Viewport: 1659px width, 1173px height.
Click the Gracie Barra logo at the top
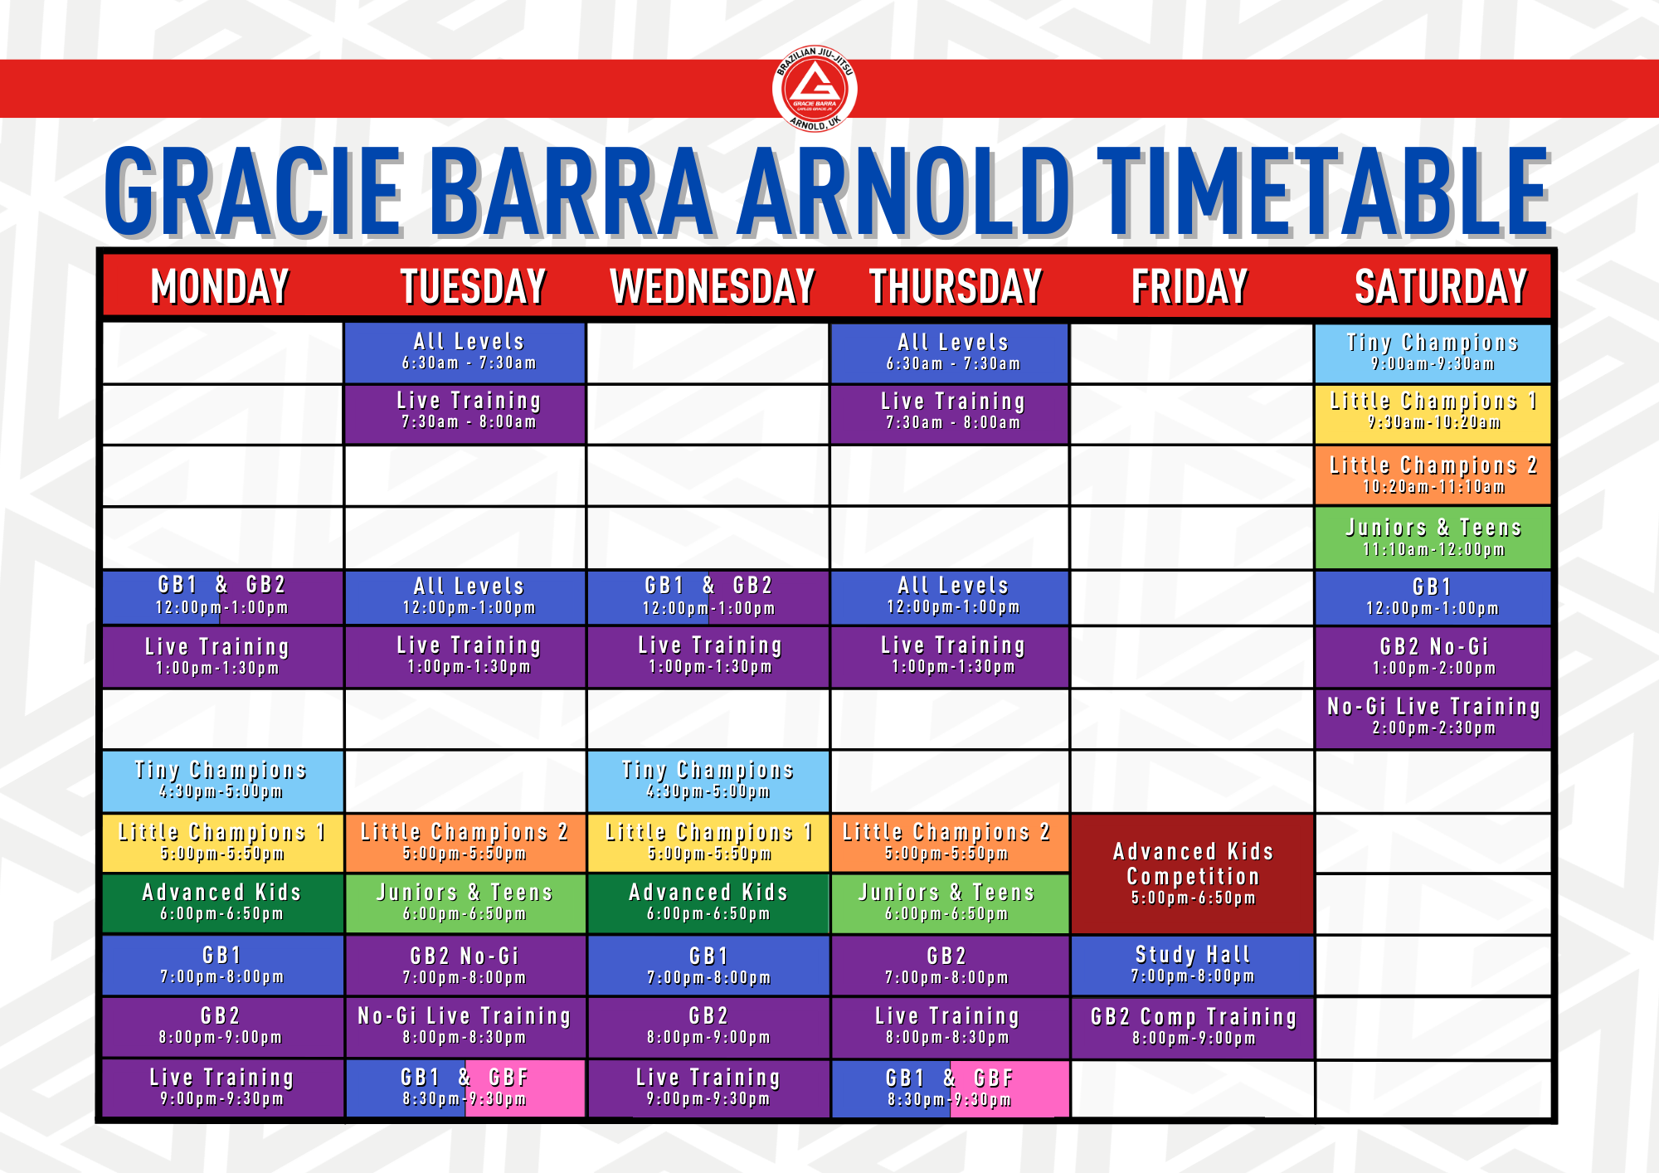(x=815, y=89)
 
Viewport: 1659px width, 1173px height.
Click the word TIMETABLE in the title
(x=1323, y=192)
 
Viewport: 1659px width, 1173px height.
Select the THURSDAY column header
(x=955, y=287)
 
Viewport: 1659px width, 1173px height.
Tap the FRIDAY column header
(x=1190, y=287)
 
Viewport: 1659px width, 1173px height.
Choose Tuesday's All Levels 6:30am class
(x=465, y=353)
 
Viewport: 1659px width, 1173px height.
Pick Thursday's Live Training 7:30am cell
(x=950, y=413)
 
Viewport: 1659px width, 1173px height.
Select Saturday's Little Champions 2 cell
(x=1433, y=475)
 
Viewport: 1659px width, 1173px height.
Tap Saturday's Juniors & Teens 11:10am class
(x=1433, y=538)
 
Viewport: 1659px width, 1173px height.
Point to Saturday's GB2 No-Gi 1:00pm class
(x=1433, y=657)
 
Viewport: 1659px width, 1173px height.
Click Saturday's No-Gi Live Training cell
(x=1433, y=718)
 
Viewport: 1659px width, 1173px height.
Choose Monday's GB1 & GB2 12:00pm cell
(x=222, y=597)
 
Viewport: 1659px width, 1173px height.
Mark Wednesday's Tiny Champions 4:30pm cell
(x=708, y=781)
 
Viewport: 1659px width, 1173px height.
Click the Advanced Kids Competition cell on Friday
(x=1192, y=874)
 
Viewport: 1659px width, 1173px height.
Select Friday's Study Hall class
(x=1192, y=966)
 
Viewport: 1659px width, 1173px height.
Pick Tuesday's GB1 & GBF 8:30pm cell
(x=465, y=1088)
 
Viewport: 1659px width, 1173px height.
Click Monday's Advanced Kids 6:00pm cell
(x=222, y=903)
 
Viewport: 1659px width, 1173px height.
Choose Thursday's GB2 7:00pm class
(x=950, y=966)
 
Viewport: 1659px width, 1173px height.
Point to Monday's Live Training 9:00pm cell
(x=222, y=1088)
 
